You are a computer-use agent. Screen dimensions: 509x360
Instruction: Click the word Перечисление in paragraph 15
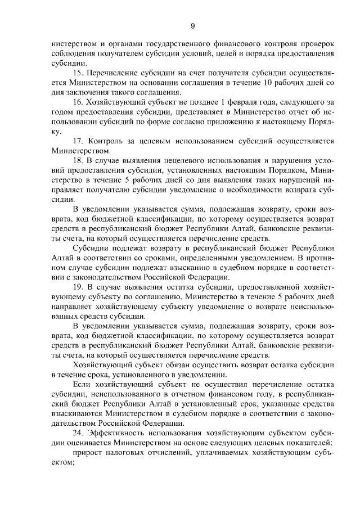point(115,73)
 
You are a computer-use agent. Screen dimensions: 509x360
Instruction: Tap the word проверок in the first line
point(316,43)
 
